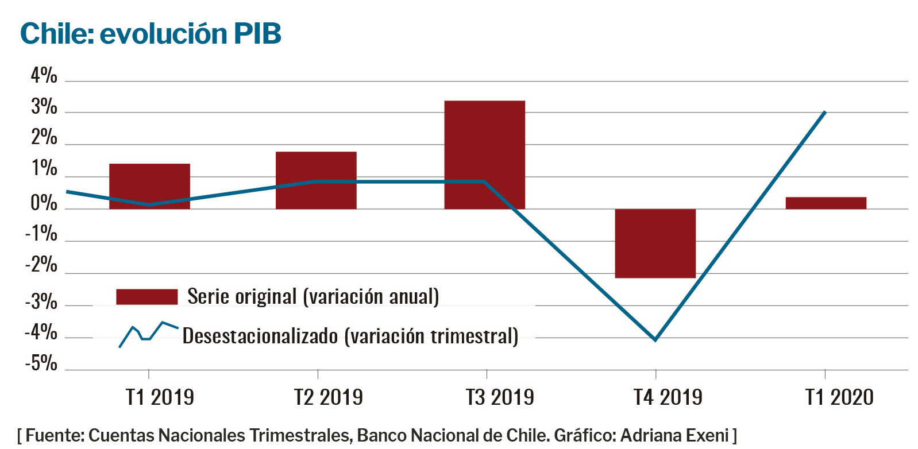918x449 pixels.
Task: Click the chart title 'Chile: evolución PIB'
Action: (151, 33)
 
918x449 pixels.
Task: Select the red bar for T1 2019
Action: (149, 186)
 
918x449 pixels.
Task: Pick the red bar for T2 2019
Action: (316, 180)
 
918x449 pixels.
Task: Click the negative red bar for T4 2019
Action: (655, 243)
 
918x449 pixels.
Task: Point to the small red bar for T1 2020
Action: (826, 203)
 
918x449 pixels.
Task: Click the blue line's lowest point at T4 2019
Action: (655, 340)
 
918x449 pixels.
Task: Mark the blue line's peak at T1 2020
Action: (825, 112)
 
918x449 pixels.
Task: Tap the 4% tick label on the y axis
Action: (44, 75)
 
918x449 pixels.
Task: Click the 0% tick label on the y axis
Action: (44, 203)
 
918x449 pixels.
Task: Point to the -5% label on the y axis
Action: (41, 363)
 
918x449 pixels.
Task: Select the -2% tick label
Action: (41, 265)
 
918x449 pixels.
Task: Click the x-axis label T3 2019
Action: (499, 397)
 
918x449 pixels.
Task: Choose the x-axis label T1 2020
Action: (839, 397)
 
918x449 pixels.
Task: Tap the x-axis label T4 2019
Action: (668, 397)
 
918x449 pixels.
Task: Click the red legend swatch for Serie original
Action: (146, 297)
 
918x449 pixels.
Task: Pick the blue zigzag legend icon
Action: (148, 334)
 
